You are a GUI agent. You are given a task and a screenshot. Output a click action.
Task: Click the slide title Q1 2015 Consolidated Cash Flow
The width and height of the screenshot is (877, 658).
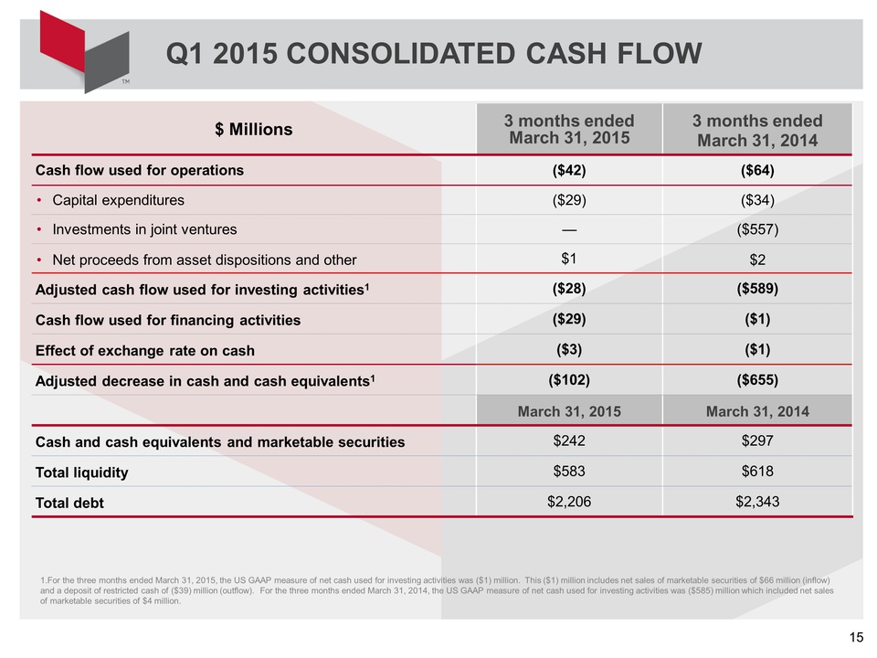point(434,54)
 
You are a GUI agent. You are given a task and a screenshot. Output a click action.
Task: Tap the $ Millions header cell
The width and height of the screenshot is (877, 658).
point(254,129)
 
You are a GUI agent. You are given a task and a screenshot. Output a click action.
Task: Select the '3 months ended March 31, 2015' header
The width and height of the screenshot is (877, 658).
point(569,130)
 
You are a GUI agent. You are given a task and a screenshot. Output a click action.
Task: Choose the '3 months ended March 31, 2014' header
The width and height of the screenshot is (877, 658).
point(756,130)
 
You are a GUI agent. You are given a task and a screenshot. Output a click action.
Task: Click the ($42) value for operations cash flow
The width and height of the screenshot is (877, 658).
point(569,169)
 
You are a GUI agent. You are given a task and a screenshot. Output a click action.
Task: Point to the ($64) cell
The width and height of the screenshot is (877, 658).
point(756,169)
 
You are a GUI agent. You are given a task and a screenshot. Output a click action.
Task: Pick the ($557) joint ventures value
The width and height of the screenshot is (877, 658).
point(756,229)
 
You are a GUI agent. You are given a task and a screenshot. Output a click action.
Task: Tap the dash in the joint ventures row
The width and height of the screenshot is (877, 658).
point(569,229)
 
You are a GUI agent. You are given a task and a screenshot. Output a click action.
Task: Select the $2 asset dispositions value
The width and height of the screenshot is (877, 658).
point(756,260)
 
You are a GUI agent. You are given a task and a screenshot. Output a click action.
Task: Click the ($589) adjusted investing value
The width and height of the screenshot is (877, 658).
point(756,290)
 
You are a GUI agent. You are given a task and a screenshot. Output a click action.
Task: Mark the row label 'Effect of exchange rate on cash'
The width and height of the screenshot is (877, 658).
point(144,350)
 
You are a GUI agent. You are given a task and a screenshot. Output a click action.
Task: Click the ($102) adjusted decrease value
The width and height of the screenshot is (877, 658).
point(569,380)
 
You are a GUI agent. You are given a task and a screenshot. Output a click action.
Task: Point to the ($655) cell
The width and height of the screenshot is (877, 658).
point(756,380)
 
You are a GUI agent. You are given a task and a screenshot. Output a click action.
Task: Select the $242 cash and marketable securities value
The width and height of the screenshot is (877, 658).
point(569,441)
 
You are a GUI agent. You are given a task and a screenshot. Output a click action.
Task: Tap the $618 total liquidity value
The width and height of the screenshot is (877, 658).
point(756,472)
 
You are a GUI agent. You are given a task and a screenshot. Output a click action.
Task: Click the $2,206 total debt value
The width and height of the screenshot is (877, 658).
point(569,502)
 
